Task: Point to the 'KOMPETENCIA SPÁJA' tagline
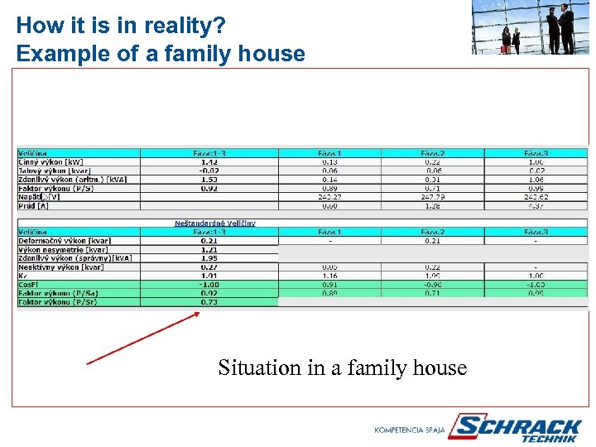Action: [409, 430]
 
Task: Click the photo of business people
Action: [530, 27]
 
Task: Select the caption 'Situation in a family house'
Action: [342, 368]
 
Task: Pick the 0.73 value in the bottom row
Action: [209, 302]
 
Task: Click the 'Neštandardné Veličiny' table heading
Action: [214, 223]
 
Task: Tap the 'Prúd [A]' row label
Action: [34, 205]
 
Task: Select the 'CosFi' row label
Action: [29, 284]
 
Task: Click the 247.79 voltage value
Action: [433, 197]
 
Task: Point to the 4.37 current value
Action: [536, 205]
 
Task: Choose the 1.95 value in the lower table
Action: [209, 258]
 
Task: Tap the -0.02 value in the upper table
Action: [209, 171]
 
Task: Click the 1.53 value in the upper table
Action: [209, 180]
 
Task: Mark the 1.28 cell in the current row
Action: [433, 205]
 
